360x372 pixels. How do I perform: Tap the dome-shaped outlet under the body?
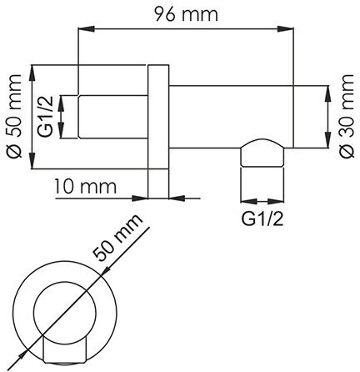[x=260, y=153]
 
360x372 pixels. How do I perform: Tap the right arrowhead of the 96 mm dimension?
[x=293, y=30]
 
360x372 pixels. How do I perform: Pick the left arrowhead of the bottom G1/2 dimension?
[x=243, y=201]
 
